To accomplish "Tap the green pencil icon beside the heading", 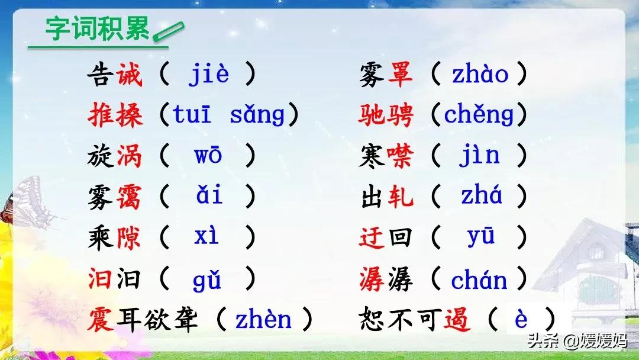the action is [168, 31].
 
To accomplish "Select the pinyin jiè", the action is [208, 74].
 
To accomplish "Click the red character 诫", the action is [129, 75].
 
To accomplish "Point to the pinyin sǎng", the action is [257, 114].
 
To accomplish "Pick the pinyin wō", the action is [208, 155].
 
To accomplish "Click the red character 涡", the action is [129, 156].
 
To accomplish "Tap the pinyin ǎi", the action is [209, 195].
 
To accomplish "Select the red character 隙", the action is [128, 237].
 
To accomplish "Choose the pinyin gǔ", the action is [206, 279].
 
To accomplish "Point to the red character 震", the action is [101, 319].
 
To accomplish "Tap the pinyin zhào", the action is [480, 75].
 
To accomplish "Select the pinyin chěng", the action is [479, 114].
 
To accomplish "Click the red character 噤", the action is [400, 156].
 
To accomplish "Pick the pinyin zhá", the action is [481, 195].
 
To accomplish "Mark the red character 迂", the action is [372, 237].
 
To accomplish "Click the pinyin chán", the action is [479, 279].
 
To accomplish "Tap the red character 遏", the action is [457, 319].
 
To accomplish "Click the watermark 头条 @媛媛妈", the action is [577, 340].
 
